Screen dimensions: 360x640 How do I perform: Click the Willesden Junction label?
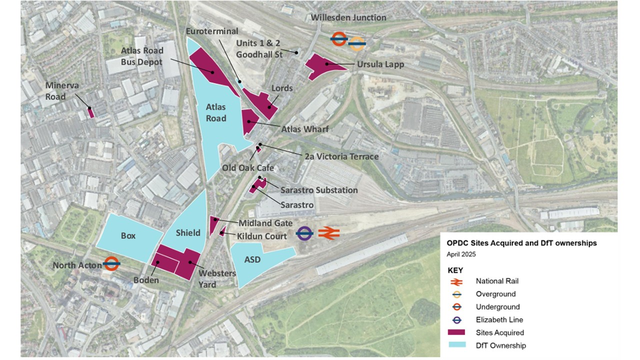348,17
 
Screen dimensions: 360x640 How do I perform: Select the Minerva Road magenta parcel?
91,112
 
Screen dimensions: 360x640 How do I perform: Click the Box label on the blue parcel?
128,235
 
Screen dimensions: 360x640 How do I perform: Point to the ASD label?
252,259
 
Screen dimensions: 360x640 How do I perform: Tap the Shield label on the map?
188,232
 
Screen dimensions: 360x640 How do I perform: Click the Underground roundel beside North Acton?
111,264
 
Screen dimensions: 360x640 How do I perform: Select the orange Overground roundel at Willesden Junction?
356,44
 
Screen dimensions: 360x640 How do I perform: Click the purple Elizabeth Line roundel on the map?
304,233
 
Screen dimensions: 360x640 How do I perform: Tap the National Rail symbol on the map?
328,233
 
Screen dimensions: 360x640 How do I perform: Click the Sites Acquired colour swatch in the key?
457,332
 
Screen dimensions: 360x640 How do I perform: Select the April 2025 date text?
461,254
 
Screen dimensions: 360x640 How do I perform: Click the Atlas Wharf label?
304,129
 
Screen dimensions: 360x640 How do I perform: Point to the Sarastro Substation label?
319,190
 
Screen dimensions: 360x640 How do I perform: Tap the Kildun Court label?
262,236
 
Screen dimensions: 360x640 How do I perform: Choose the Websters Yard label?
217,279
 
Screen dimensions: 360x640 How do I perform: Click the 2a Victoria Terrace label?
341,156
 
